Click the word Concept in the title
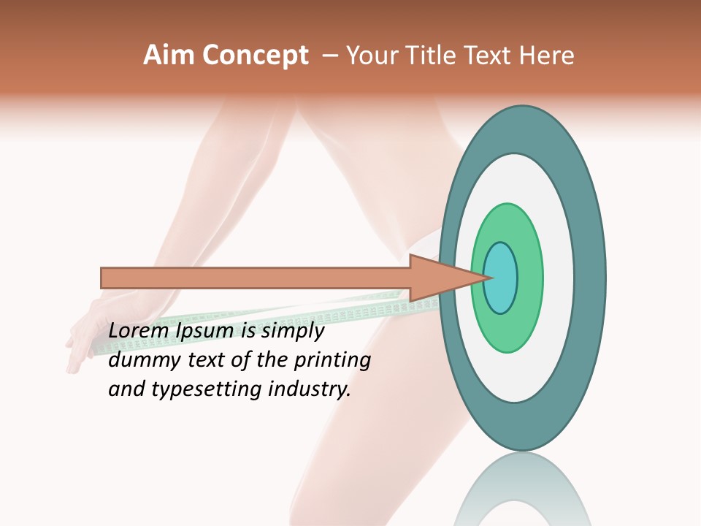[x=255, y=56]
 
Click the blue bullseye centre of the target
[x=501, y=278]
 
